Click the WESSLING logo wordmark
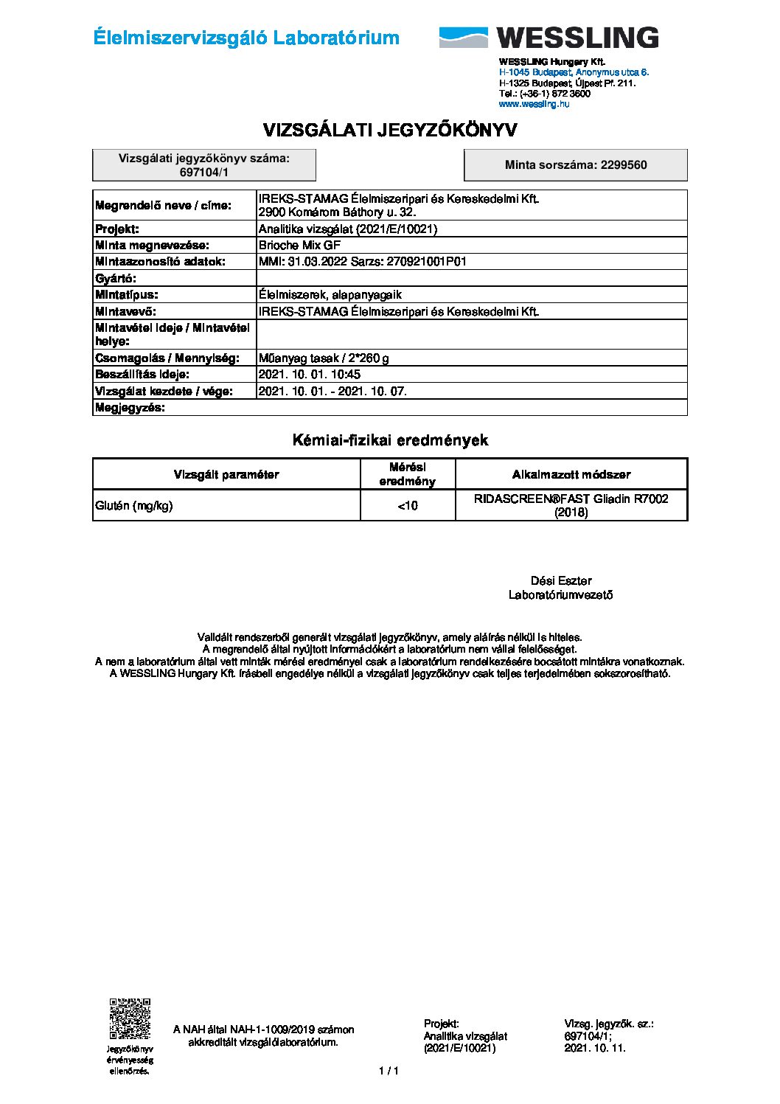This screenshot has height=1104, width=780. pyautogui.click(x=577, y=38)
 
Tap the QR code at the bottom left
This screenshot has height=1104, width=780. pyautogui.click(x=130, y=1018)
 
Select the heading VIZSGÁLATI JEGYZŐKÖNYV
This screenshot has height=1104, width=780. pyautogui.click(x=390, y=131)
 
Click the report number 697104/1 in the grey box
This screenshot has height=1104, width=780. pyautogui.click(x=204, y=172)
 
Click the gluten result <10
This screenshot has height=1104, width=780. pyautogui.click(x=408, y=505)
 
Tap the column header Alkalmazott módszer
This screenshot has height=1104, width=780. pyautogui.click(x=571, y=474)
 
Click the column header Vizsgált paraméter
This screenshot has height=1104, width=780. pyautogui.click(x=226, y=474)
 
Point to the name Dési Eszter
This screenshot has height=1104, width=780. pyautogui.click(x=561, y=580)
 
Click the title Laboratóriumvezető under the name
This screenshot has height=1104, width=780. pyautogui.click(x=561, y=595)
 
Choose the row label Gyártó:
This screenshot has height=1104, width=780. pyautogui.click(x=116, y=278)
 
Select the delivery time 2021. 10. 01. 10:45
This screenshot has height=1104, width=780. pyautogui.click(x=310, y=375)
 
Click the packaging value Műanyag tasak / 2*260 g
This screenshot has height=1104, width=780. pyautogui.click(x=324, y=358)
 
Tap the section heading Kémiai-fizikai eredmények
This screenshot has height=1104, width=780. pyautogui.click(x=390, y=440)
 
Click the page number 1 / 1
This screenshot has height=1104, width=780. pyautogui.click(x=389, y=1071)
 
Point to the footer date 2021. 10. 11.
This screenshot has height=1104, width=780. pyautogui.click(x=595, y=1047)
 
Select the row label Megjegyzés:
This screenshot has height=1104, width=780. pyautogui.click(x=130, y=408)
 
